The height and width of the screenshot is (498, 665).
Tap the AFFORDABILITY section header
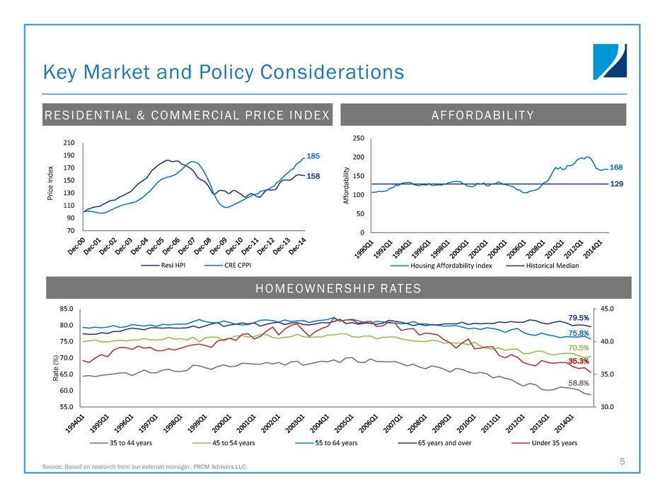pyautogui.click(x=483, y=114)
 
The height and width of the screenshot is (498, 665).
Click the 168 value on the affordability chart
pyautogui.click(x=616, y=167)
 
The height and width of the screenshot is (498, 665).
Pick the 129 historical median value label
pyautogui.click(x=616, y=184)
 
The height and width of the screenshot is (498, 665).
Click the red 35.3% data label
pyautogui.click(x=579, y=361)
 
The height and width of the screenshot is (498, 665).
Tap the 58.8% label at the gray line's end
pyautogui.click(x=579, y=382)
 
